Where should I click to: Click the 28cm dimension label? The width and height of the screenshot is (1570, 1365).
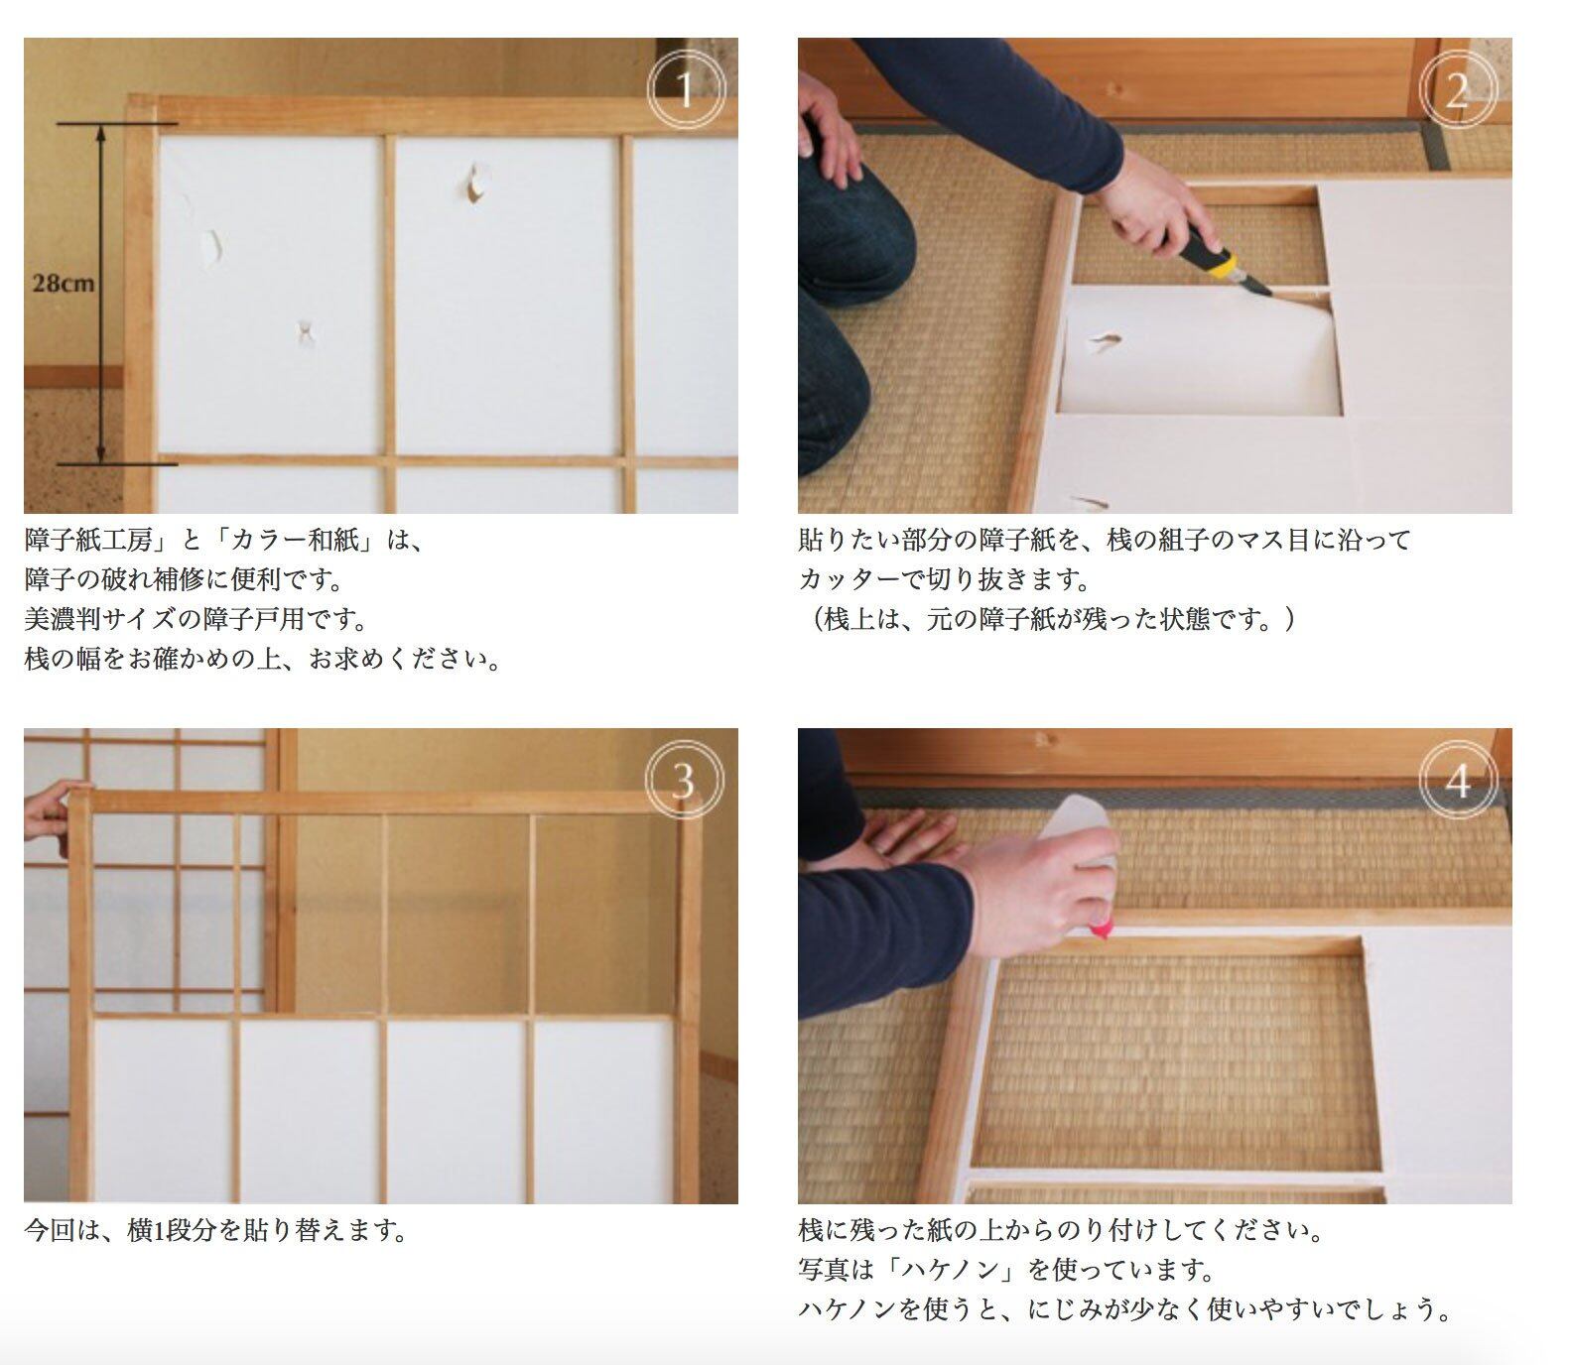tap(64, 284)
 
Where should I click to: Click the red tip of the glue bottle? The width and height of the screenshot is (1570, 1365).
tap(1101, 930)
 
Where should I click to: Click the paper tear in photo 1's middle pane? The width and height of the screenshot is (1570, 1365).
tap(474, 182)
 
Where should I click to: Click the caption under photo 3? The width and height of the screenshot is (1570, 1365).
tap(216, 1231)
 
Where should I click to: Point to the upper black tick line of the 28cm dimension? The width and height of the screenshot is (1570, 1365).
tap(117, 124)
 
